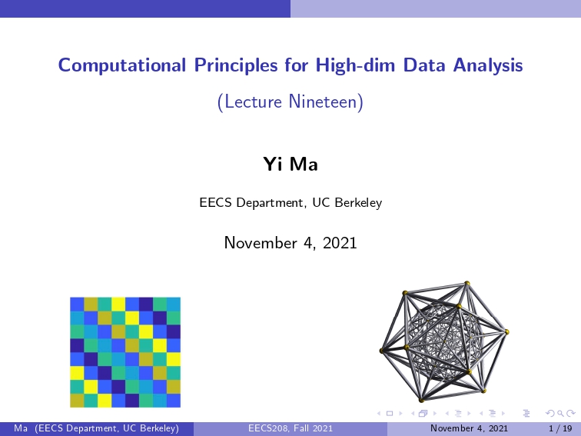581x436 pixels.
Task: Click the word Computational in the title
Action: [122, 65]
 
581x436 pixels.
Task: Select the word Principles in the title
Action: [236, 65]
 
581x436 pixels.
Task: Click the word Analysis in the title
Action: [488, 65]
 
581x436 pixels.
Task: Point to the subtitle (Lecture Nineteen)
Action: [290, 102]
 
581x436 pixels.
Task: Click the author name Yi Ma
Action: [290, 164]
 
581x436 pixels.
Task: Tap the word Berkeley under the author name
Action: [358, 203]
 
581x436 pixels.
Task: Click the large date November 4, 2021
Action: [290, 243]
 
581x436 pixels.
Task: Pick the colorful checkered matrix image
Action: [125, 352]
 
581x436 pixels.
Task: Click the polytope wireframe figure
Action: [444, 342]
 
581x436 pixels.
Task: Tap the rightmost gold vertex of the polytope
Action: [506, 332]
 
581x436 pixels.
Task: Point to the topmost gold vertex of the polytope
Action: [467, 283]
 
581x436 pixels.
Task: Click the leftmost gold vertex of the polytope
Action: [382, 351]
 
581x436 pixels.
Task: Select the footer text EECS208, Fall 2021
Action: [290, 428]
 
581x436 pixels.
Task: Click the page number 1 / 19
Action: [560, 428]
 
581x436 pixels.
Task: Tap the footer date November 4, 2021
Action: [469, 428]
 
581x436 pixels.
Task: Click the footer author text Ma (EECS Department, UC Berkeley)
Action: [96, 428]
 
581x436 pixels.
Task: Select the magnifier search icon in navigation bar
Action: [560, 414]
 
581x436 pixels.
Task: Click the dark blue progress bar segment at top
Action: [145, 8]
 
